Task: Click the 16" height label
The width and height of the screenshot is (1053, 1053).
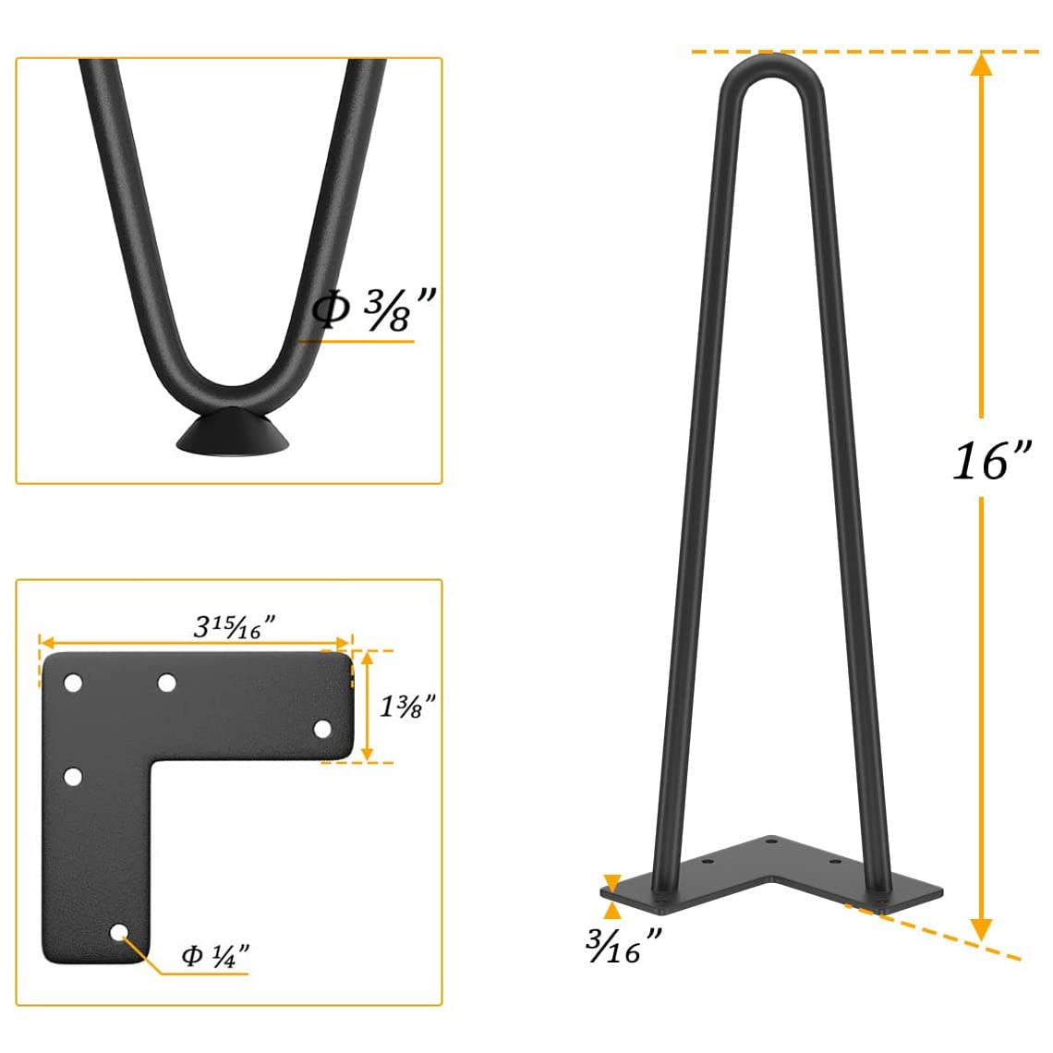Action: tap(990, 459)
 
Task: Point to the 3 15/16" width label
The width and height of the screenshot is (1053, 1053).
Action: tap(235, 627)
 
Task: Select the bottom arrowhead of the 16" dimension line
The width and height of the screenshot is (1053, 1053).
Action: tap(982, 928)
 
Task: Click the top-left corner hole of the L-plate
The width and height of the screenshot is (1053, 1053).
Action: tap(72, 684)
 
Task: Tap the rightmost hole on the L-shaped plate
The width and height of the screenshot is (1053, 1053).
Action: tap(322, 729)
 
